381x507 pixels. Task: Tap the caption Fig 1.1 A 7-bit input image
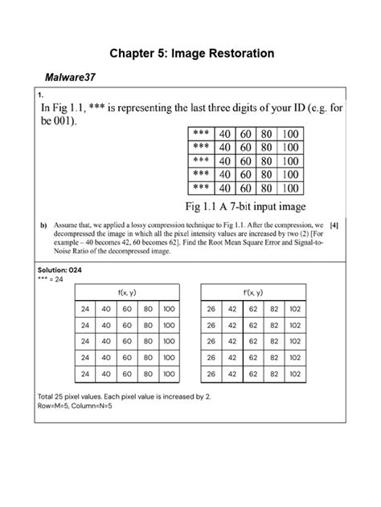point(251,206)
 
